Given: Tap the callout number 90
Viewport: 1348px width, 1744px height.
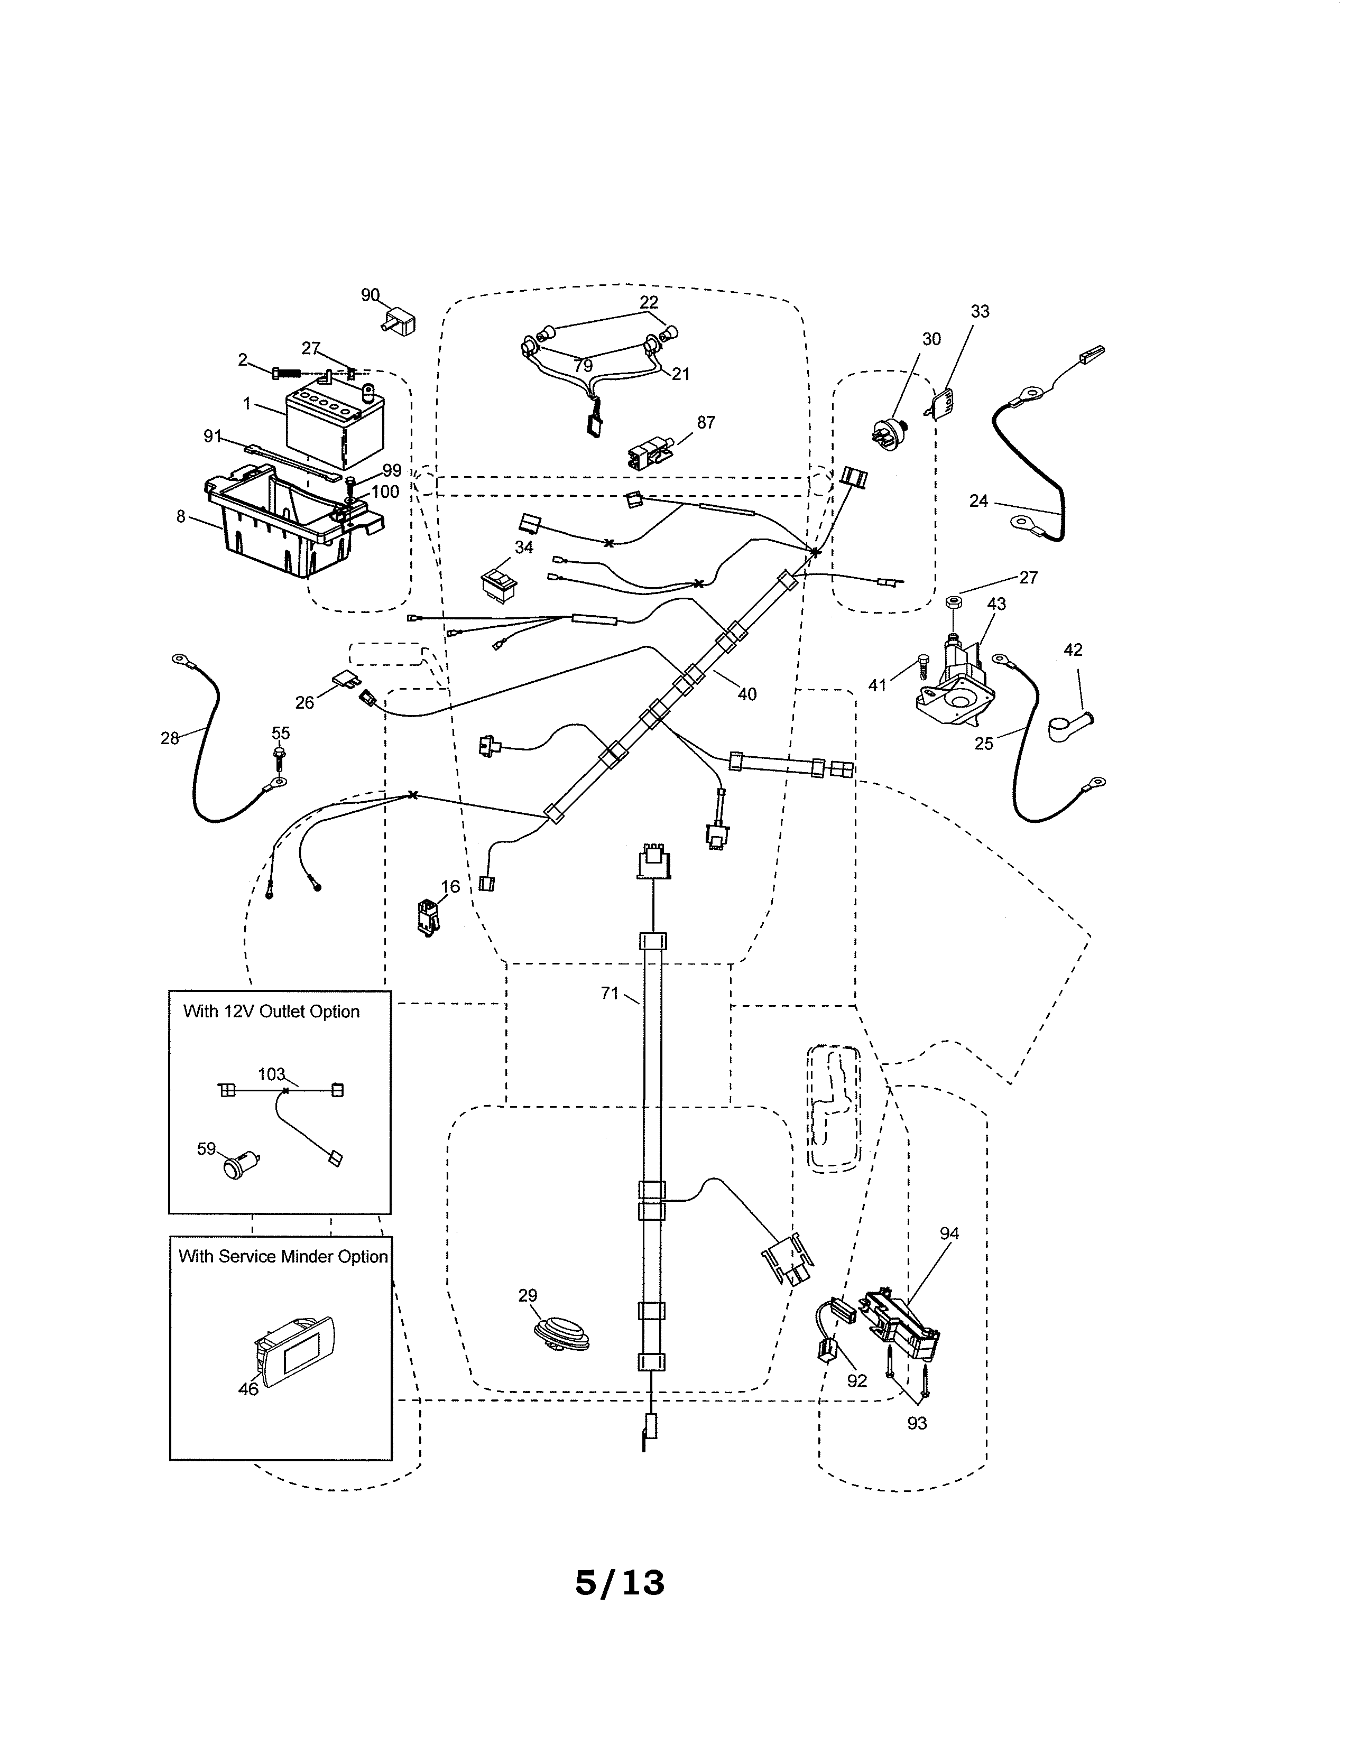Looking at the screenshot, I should [x=370, y=295].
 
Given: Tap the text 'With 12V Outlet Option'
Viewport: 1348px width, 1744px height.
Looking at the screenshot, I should [x=272, y=1012].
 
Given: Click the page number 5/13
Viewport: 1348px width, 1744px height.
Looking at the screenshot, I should [x=619, y=1583].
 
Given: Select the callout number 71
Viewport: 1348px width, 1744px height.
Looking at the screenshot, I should [x=610, y=994].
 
